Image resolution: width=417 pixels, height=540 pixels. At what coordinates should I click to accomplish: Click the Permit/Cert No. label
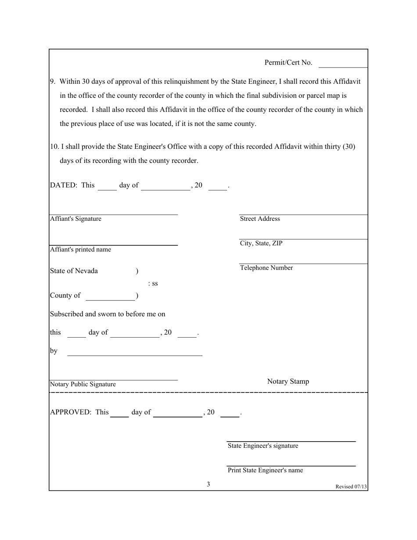pyautogui.click(x=288, y=63)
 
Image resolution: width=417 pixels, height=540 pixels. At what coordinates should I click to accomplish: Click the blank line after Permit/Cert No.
pyautogui.click(x=342, y=66)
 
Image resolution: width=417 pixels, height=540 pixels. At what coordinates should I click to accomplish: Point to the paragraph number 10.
pyautogui.click(x=54, y=147)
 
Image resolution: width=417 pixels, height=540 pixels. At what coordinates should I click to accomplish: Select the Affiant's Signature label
pyautogui.click(x=75, y=219)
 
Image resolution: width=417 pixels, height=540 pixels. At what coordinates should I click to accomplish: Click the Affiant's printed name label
pyautogui.click(x=80, y=249)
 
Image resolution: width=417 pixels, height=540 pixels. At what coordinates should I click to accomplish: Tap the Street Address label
pyautogui.click(x=260, y=219)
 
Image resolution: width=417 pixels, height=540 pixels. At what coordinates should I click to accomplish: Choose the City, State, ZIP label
pyautogui.click(x=261, y=243)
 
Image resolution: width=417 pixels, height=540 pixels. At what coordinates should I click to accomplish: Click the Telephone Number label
pyautogui.click(x=266, y=268)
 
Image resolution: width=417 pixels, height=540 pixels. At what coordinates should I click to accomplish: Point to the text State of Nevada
pyautogui.click(x=74, y=271)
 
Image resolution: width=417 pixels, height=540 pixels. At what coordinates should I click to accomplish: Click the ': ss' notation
pyautogui.click(x=153, y=284)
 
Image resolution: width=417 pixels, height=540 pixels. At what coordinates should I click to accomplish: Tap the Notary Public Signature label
pyautogui.click(x=83, y=384)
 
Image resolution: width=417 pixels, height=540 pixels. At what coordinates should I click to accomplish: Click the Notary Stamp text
pyautogui.click(x=288, y=382)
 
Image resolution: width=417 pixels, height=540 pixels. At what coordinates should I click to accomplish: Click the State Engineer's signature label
pyautogui.click(x=263, y=446)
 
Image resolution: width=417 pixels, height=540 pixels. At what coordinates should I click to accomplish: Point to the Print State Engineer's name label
pyautogui.click(x=265, y=470)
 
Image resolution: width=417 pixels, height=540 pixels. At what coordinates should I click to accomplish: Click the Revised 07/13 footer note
pyautogui.click(x=351, y=486)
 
